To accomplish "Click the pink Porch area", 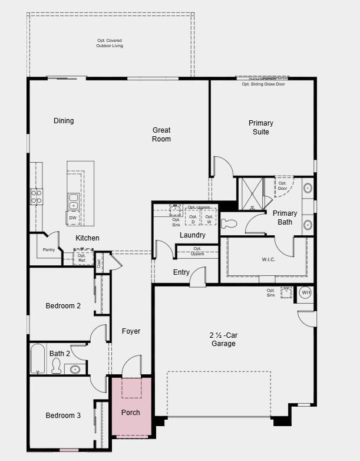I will click(x=131, y=407).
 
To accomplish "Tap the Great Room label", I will click(x=161, y=134).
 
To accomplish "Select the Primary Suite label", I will click(x=261, y=127).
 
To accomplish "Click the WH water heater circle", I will click(x=305, y=292).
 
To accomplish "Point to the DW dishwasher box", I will click(x=72, y=218).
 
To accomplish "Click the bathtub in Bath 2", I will click(x=38, y=359).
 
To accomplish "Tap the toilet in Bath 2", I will click(x=57, y=366).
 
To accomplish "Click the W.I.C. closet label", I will click(x=269, y=259).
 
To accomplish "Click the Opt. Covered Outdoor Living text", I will click(x=110, y=43).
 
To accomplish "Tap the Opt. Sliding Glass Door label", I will click(x=263, y=84).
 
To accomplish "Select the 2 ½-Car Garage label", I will click(x=223, y=339).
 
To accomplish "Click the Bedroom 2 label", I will click(x=63, y=305).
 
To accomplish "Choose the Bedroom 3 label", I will click(x=63, y=416).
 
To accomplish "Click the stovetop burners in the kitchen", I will click(x=37, y=196).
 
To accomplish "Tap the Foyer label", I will click(x=131, y=331).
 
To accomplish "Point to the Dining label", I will click(x=64, y=121).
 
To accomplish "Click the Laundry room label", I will click(x=193, y=235).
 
